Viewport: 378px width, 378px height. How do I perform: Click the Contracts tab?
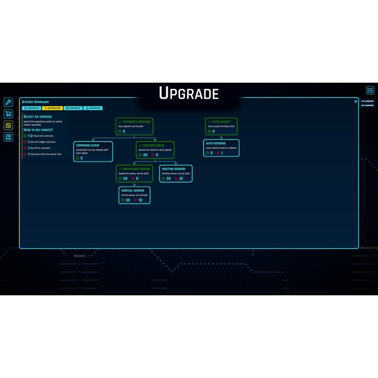click(32, 108)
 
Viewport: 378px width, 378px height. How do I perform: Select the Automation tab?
click(52, 108)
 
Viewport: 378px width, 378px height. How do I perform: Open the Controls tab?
click(73, 108)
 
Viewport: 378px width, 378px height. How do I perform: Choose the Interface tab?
click(93, 108)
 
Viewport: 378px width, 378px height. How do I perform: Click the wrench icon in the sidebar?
click(8, 102)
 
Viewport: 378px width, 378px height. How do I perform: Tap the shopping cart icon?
click(8, 114)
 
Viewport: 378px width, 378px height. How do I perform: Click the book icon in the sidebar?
click(8, 137)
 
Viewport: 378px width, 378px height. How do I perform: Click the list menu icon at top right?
click(370, 90)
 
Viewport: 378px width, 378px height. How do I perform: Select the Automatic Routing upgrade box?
click(135, 127)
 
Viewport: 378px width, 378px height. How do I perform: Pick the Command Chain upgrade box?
click(93, 151)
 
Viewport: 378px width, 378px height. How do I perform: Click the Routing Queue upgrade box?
click(155, 150)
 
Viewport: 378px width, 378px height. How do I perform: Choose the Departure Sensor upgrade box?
click(135, 173)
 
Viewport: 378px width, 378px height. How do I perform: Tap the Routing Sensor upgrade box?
click(176, 173)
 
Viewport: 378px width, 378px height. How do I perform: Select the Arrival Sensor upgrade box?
click(135, 195)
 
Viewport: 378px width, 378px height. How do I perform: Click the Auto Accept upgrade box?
click(221, 127)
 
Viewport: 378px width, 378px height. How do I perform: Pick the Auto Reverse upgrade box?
click(221, 148)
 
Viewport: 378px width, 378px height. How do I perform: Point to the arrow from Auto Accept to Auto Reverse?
click(221, 137)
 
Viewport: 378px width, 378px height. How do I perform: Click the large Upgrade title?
click(189, 94)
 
